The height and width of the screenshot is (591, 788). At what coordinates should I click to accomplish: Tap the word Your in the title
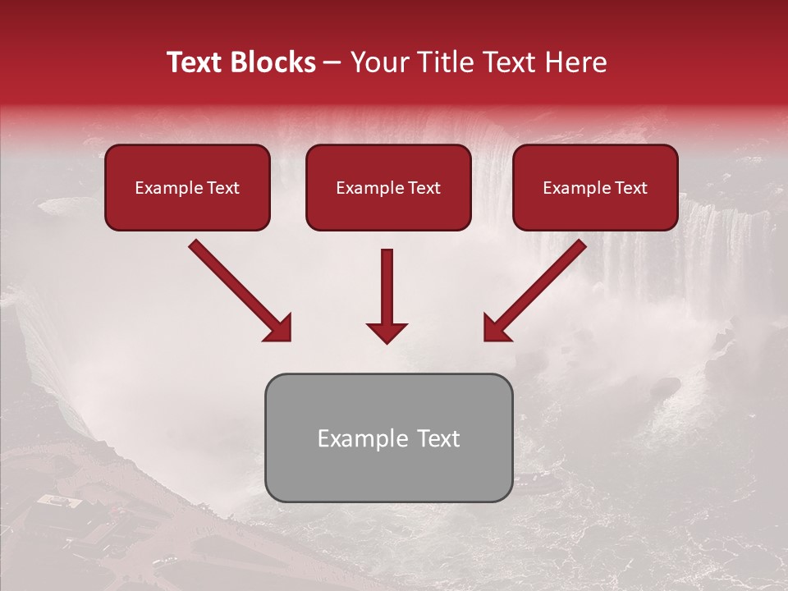[381, 62]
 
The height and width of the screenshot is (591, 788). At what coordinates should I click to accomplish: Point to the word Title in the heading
[447, 62]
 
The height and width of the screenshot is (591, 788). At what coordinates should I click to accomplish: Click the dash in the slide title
[332, 63]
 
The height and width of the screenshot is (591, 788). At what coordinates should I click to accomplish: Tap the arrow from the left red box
[238, 289]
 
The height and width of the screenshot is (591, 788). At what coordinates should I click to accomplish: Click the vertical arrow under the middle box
[387, 287]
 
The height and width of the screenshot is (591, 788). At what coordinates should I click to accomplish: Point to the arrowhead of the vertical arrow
[387, 332]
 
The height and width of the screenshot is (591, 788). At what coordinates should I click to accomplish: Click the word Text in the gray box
[438, 438]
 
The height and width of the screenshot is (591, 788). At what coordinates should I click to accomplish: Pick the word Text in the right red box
[630, 188]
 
